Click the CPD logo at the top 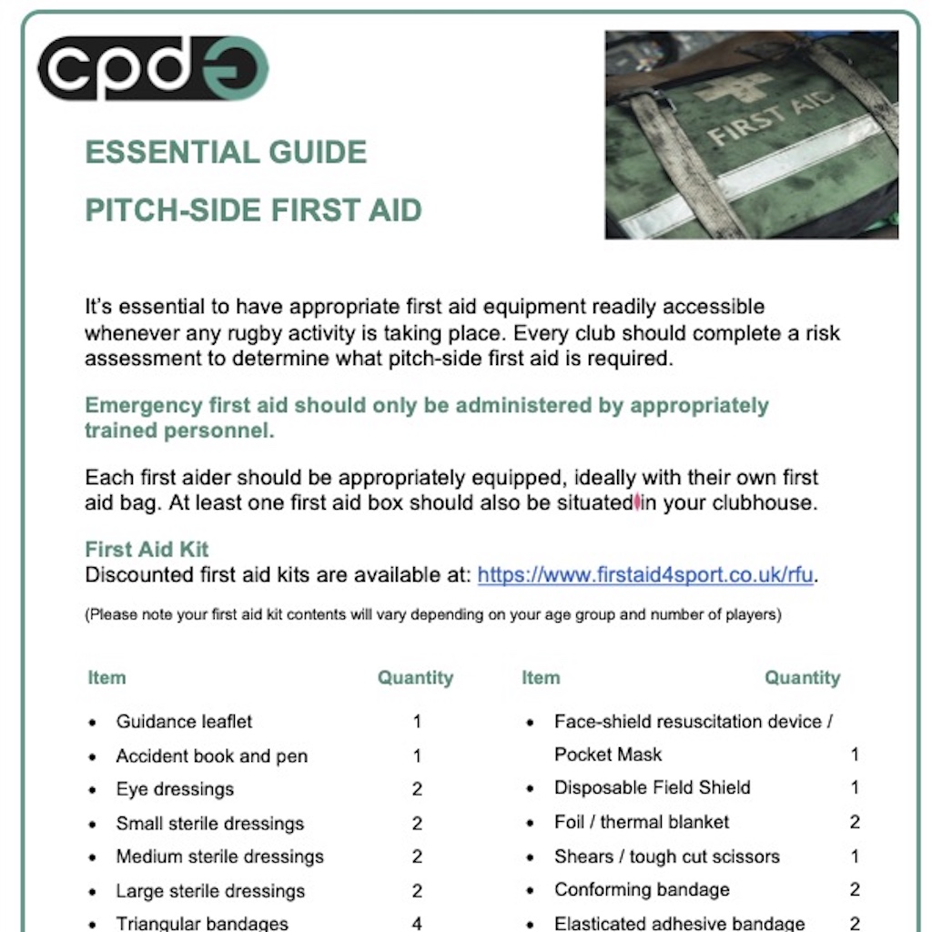click(x=153, y=68)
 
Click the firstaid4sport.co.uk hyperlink click(x=645, y=574)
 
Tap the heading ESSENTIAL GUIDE click(x=226, y=152)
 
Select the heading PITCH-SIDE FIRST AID click(x=253, y=210)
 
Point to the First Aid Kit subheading click(x=147, y=549)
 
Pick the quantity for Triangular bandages click(x=417, y=923)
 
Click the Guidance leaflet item click(x=184, y=722)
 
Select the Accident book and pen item click(x=211, y=756)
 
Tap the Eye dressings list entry click(x=175, y=789)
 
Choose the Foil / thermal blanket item click(x=642, y=822)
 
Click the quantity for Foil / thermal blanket click(x=855, y=822)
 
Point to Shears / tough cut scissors click(x=666, y=856)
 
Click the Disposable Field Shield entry click(x=652, y=787)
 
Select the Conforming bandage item click(x=642, y=889)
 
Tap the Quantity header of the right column click(x=802, y=678)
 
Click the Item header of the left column click(x=106, y=678)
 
